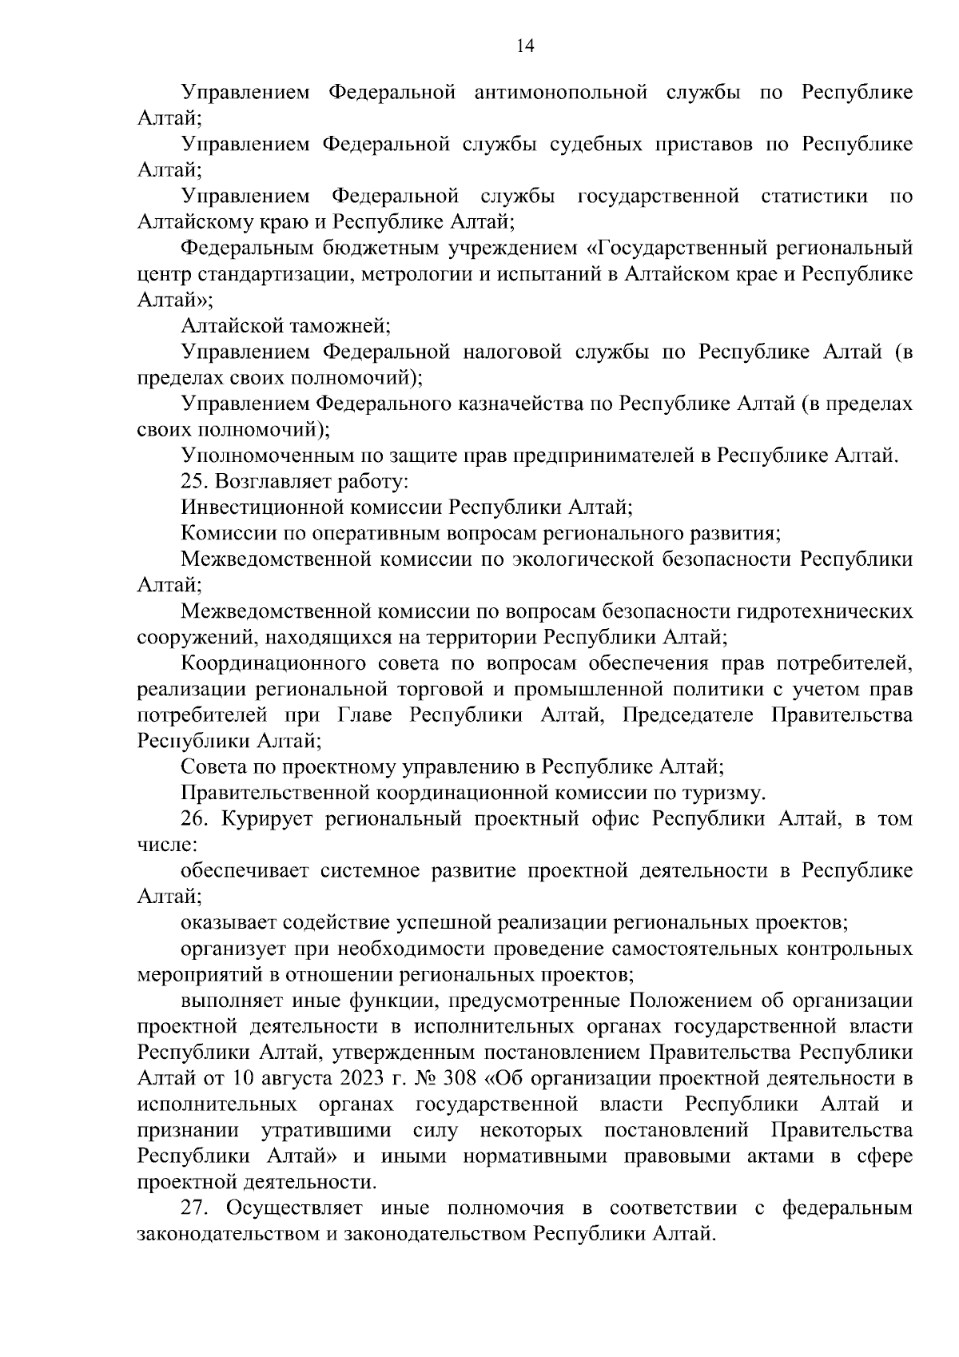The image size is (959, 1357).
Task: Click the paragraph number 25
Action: (x=193, y=482)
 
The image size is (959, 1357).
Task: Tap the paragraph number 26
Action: (x=193, y=820)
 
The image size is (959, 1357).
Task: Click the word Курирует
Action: (x=266, y=820)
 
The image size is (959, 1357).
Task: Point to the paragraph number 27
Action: (x=193, y=1209)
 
